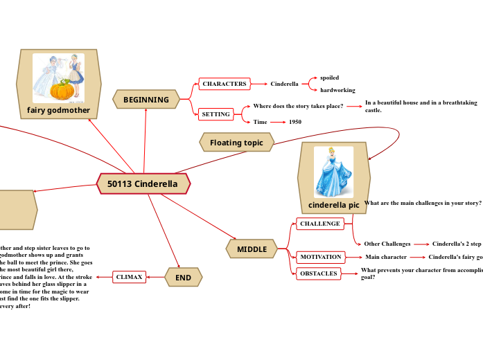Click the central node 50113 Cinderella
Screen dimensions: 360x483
(143, 184)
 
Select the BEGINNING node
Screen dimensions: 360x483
(146, 100)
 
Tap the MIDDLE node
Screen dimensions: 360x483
(252, 249)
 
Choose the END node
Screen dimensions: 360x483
(183, 278)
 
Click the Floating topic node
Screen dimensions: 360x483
(236, 143)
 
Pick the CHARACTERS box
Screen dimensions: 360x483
(224, 84)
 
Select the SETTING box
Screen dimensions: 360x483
(216, 114)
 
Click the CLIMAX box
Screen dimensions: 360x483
(129, 277)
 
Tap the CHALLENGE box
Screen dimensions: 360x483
(319, 224)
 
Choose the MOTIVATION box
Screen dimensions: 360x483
(320, 257)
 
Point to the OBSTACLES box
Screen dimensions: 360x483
(318, 273)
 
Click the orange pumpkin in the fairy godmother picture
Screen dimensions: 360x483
(62, 90)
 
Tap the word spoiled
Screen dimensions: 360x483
(329, 78)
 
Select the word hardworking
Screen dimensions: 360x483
(337, 90)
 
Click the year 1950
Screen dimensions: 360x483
(295, 122)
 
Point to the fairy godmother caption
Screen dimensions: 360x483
(58, 110)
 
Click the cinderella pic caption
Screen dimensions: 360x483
(333, 205)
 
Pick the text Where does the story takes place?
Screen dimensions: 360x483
(298, 106)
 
